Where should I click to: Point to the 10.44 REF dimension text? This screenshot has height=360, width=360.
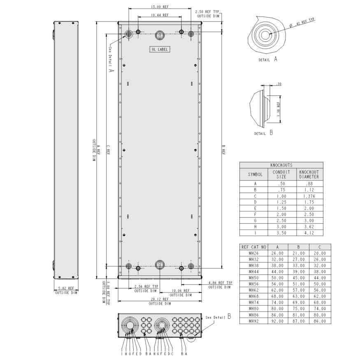click(159, 15)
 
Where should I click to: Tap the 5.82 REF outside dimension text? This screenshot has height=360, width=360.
click(66, 289)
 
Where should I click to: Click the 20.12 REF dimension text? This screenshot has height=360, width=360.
click(159, 300)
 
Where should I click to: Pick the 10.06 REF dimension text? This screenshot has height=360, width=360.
click(181, 290)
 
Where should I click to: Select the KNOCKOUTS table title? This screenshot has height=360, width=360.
click(281, 165)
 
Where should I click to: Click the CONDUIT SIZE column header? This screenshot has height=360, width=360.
click(281, 174)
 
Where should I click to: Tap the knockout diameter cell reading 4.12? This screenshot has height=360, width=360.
click(309, 232)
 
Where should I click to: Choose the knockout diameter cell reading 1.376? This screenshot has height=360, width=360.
click(309, 197)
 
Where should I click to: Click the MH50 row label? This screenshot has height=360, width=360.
click(253, 279)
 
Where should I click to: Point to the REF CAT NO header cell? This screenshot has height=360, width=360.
click(253, 247)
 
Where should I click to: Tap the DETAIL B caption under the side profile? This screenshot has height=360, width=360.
click(263, 133)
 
